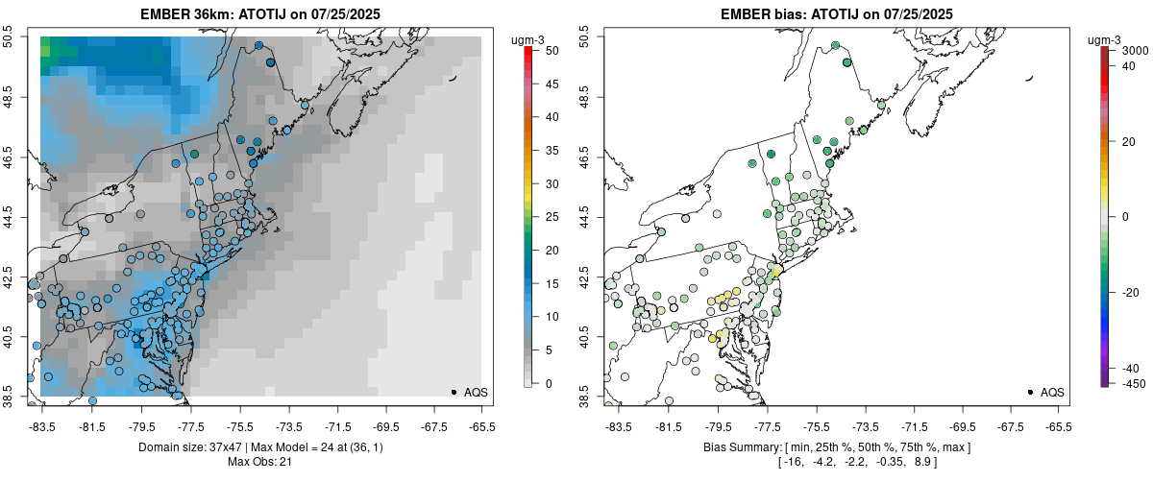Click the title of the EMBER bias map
(837, 13)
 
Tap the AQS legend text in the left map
(476, 392)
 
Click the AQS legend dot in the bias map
(1030, 392)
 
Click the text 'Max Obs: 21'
(260, 463)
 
